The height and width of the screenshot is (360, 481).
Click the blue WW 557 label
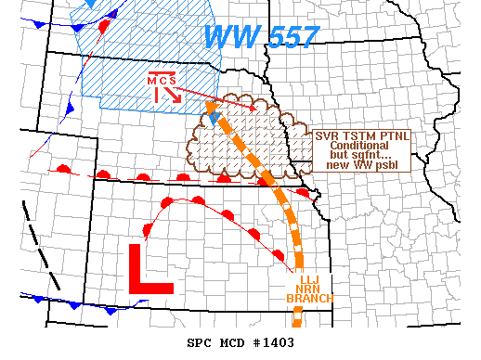(261, 37)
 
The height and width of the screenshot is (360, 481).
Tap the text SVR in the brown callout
(327, 135)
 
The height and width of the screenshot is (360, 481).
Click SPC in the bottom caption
(200, 343)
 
